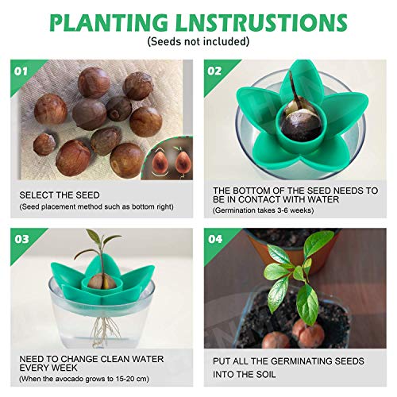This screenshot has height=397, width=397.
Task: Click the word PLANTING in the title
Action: [109, 22]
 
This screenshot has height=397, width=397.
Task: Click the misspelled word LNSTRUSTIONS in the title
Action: [261, 22]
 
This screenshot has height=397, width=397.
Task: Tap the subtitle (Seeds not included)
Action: [198, 41]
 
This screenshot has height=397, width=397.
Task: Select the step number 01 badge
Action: [21, 71]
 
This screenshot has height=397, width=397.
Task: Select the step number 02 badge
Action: [214, 71]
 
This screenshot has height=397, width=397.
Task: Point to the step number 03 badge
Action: [21, 239]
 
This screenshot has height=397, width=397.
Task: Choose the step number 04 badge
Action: [215, 239]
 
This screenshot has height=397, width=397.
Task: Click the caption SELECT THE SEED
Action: [60, 195]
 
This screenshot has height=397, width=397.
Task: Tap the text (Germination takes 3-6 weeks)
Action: [264, 210]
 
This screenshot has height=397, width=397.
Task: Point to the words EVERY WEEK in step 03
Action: [48, 368]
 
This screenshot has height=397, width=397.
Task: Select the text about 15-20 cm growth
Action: [84, 379]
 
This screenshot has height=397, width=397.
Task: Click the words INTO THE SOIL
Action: [244, 375]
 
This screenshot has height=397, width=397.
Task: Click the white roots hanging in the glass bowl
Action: [102, 331]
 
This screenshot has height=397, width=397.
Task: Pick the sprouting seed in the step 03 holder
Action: [102, 282]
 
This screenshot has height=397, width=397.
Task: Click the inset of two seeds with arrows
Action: [169, 160]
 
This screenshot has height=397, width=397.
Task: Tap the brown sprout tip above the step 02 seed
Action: [293, 86]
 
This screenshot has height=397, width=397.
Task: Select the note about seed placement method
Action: [96, 206]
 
